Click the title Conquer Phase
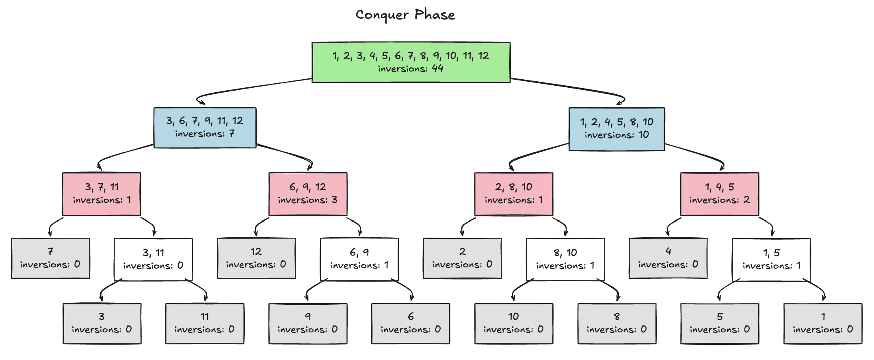pos(405,15)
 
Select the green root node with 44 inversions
pos(411,62)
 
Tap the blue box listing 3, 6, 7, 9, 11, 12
pos(205,128)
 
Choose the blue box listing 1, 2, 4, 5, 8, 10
pos(616,129)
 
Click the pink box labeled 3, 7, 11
pos(102,194)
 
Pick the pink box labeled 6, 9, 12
pos(307,194)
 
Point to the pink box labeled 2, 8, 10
pos(513,194)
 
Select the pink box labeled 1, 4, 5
pos(719,194)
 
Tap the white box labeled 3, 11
pos(153,259)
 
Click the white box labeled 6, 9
pos(359,259)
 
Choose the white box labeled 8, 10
pos(565,259)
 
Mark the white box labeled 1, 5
pos(771,259)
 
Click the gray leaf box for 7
pos(50,258)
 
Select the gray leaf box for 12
pos(256,258)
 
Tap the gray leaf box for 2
pos(462,258)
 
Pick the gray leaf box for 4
pos(668,258)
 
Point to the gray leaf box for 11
pos(205,323)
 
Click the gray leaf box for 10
pos(513,323)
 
